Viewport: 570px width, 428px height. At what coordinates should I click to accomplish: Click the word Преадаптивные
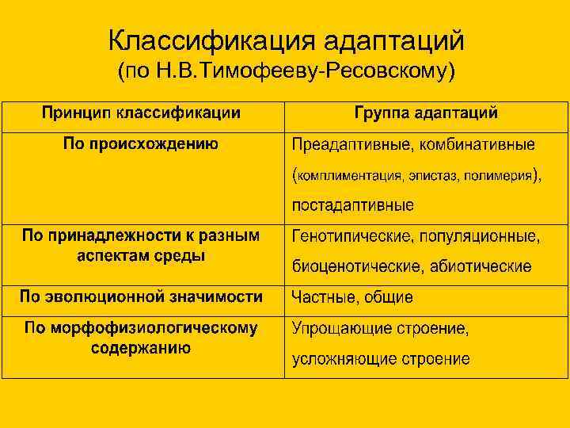348,145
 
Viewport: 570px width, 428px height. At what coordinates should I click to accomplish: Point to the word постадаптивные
352,205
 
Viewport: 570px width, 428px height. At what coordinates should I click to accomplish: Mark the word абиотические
481,266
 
